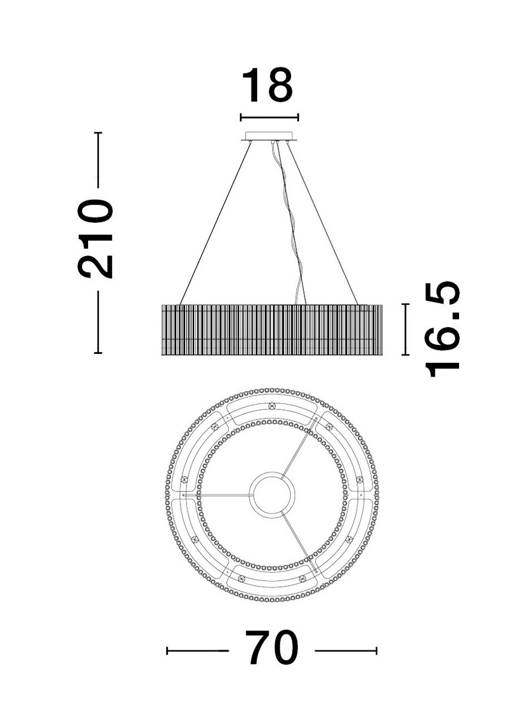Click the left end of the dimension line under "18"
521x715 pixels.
241,117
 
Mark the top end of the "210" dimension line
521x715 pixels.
98,132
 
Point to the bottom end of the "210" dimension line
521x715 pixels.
98,353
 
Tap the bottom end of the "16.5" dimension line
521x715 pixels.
405,355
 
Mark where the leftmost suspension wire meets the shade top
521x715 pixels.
180,304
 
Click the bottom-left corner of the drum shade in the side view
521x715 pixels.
162,355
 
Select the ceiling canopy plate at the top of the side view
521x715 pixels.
270,136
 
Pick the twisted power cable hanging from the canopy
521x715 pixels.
289,223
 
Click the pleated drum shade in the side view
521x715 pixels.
272,329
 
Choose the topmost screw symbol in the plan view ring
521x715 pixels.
272,406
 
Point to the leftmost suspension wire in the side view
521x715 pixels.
216,223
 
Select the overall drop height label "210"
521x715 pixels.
95,239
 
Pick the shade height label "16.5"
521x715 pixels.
442,329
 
